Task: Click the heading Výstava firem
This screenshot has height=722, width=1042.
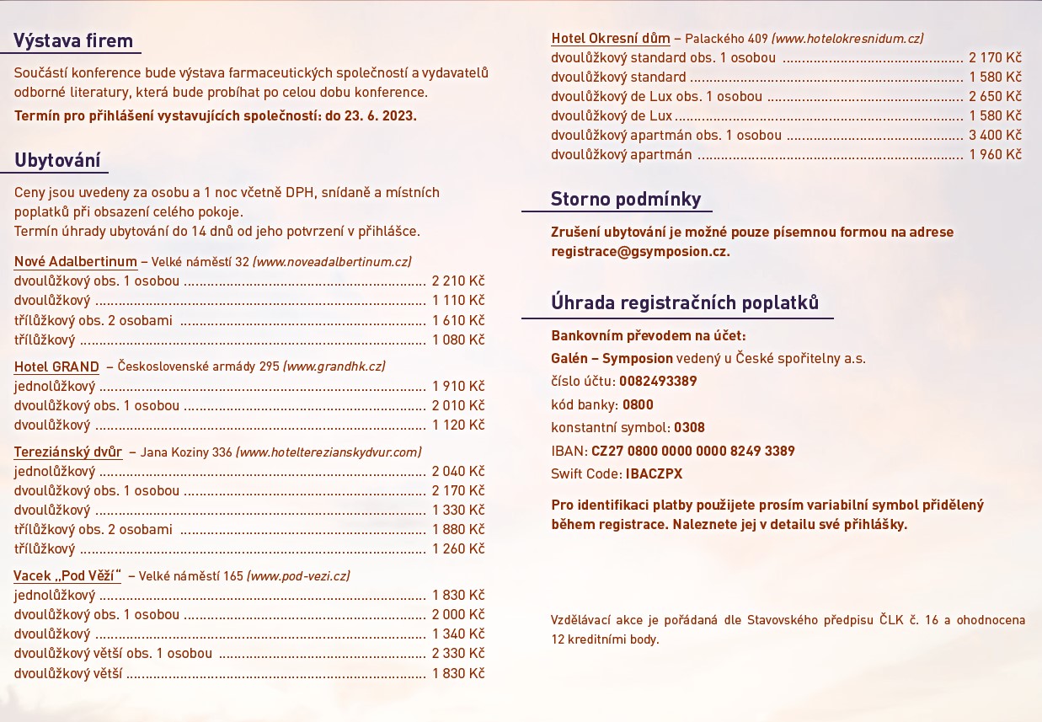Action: (x=73, y=40)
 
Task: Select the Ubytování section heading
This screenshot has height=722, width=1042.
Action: (x=57, y=160)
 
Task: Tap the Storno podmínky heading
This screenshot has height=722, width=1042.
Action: (x=625, y=200)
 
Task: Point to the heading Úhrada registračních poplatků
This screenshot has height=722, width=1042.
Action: (x=684, y=303)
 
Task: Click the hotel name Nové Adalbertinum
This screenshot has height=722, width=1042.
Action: (x=76, y=261)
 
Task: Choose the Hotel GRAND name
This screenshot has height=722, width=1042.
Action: (x=56, y=366)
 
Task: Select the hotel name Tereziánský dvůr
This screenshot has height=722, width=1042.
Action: (x=68, y=452)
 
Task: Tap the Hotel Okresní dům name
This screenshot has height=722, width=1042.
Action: (x=611, y=38)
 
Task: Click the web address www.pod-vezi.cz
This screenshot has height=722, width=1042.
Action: (x=299, y=576)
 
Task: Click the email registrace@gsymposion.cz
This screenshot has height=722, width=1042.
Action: (x=640, y=251)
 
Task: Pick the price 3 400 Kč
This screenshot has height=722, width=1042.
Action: (x=995, y=135)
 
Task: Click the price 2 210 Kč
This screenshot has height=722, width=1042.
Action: (x=458, y=281)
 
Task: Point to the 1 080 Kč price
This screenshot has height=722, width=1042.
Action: (x=458, y=340)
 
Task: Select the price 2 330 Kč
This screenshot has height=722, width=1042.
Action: (x=458, y=653)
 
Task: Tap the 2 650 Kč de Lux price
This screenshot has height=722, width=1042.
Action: (x=995, y=96)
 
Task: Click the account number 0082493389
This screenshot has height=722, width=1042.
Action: (x=658, y=381)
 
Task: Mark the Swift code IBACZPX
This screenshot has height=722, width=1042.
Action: (x=654, y=473)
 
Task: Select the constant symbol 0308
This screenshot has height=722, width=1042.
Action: (x=689, y=427)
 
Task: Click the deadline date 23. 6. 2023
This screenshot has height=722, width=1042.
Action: (x=381, y=115)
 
